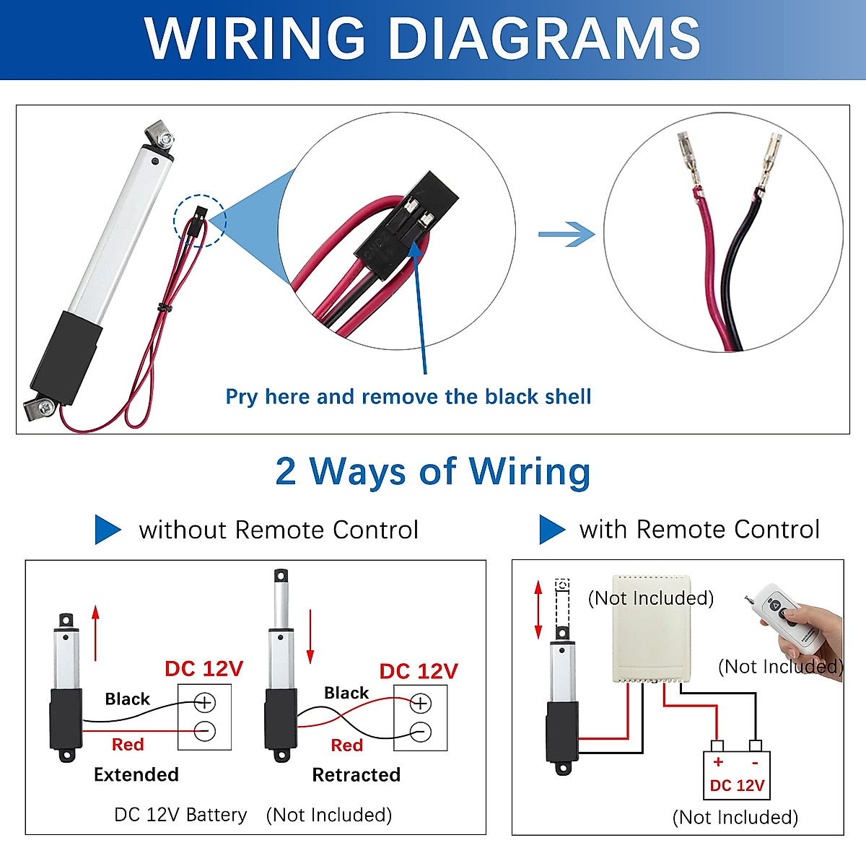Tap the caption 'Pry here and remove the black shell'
tap(408, 397)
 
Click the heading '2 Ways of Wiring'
tap(433, 471)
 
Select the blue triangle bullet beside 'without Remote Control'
tap(108, 530)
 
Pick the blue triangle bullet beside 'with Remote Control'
tap(552, 530)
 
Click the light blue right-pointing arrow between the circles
tap(567, 234)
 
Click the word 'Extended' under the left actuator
tap(136, 774)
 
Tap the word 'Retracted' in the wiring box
tap(357, 775)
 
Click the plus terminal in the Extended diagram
tap(204, 702)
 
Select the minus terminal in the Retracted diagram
tap(421, 732)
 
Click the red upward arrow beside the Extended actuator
tap(95, 633)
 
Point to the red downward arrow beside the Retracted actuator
tap(310, 637)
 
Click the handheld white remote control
tap(790, 616)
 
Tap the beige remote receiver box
tap(652, 629)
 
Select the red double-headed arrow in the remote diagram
tap(538, 609)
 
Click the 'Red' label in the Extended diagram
tap(128, 744)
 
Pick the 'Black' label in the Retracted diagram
tap(346, 693)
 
